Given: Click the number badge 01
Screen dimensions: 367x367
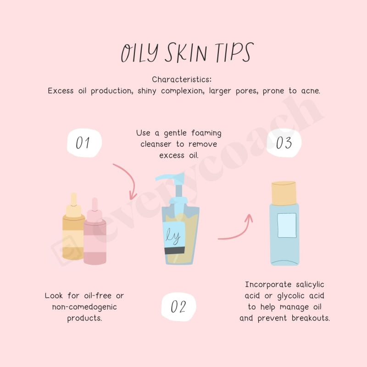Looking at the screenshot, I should [x=83, y=143].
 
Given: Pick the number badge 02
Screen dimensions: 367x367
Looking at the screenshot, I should [x=178, y=306].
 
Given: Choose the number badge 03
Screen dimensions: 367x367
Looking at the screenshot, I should [x=284, y=143].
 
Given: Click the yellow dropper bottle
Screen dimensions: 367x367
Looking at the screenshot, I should [x=74, y=234].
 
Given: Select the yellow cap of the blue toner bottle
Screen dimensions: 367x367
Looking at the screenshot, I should [x=285, y=193].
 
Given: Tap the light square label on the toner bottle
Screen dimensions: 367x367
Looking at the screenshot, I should [x=287, y=225].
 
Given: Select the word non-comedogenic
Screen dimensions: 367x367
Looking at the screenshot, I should [x=84, y=307].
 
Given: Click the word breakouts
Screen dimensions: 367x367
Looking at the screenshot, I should [x=311, y=318].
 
